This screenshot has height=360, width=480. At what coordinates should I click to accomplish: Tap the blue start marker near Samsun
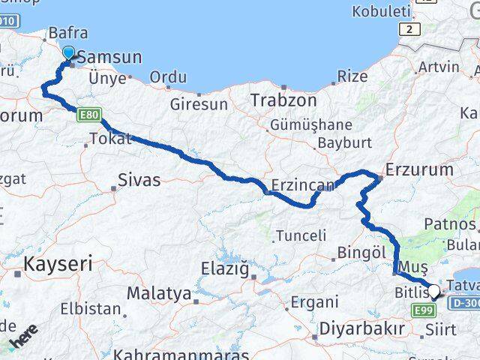coord(69,52)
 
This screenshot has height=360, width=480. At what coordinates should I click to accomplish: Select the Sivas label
coord(139,180)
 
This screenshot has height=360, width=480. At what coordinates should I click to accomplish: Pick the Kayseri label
coord(58,263)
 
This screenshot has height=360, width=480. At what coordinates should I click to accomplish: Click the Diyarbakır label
coord(362,328)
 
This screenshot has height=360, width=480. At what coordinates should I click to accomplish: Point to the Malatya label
coord(158,293)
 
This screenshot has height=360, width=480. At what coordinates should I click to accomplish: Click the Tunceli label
coord(301,235)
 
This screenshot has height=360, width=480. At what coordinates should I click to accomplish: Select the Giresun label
coord(199,104)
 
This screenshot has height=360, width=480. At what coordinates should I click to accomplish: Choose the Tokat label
coord(110,138)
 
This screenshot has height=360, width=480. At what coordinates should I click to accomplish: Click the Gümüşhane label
coord(312,124)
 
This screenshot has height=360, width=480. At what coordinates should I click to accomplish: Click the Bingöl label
coord(361,253)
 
